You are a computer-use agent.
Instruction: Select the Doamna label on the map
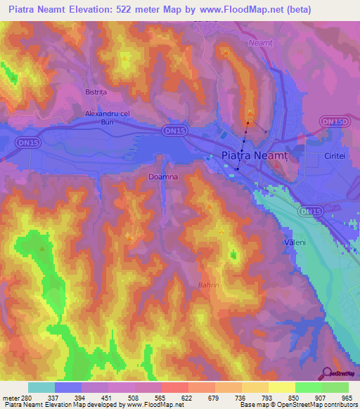pos(164,178)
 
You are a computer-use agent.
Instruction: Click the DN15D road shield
pos(333,122)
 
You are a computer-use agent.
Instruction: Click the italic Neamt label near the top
pos(260,43)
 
